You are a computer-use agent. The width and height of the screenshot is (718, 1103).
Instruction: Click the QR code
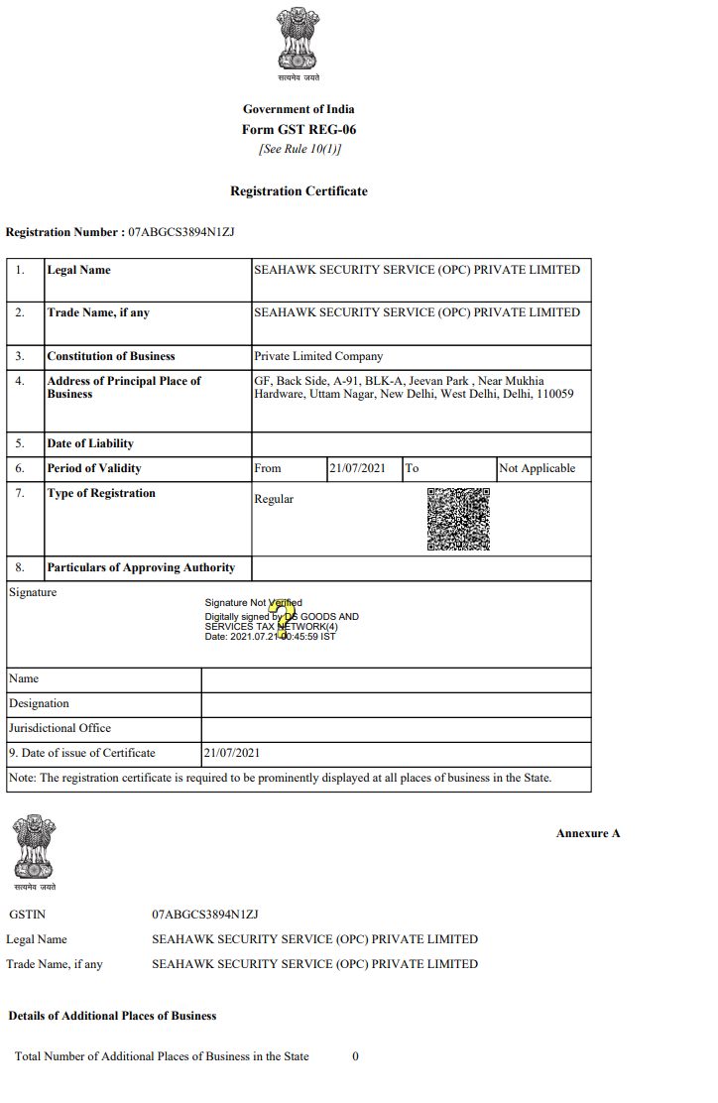[458, 519]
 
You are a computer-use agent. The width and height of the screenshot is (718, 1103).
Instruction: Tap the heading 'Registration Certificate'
[299, 191]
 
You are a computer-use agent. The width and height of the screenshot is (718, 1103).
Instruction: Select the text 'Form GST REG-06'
[299, 130]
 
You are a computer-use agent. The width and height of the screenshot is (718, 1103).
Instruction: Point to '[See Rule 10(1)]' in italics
[299, 149]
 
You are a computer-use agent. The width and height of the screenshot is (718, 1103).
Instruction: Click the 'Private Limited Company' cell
[318, 356]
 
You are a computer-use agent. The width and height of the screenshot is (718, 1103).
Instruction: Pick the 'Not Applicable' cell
[537, 468]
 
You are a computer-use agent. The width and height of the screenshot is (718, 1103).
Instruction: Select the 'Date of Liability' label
[90, 443]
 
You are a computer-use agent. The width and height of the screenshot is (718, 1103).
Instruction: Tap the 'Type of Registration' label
[101, 493]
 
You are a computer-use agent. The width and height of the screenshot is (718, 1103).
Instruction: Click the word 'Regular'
[274, 499]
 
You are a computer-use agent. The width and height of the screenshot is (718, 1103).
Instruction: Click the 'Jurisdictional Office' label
[60, 728]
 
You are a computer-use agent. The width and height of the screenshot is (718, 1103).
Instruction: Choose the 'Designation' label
[40, 703]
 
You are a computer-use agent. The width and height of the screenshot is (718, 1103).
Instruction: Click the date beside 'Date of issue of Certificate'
[232, 753]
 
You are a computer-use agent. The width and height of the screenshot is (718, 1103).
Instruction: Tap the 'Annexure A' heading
[588, 833]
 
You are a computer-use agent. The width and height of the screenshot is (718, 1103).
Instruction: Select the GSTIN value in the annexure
[205, 914]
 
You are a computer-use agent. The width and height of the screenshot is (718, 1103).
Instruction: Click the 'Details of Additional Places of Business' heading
[112, 1016]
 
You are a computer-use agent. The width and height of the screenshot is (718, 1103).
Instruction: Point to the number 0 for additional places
[355, 1056]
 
